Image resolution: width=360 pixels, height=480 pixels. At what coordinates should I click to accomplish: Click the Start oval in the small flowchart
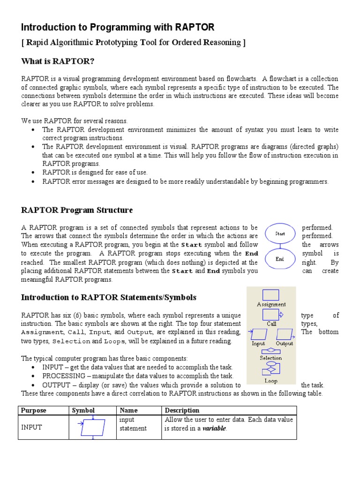[x=280, y=233]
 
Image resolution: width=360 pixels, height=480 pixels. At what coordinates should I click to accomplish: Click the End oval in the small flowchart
[x=280, y=259]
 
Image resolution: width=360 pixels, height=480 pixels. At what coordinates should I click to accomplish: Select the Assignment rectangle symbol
[x=270, y=295]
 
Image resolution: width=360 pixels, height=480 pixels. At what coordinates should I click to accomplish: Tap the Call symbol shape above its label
[x=270, y=315]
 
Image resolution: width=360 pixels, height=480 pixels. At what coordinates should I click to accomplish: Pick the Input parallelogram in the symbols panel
[x=259, y=334]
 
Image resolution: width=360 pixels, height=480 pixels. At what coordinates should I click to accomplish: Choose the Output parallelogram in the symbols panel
[x=284, y=334]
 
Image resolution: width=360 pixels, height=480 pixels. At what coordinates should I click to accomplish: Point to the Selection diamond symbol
[x=270, y=351]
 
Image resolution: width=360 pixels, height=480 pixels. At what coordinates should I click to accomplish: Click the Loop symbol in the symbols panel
[x=270, y=370]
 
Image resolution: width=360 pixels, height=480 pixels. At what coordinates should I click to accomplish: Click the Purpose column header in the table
[x=34, y=410]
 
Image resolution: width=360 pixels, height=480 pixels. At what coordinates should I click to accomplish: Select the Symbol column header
[x=83, y=410]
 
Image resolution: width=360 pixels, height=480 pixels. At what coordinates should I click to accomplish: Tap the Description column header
[x=182, y=410]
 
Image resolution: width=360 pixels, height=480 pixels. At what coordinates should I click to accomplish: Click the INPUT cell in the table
[x=32, y=427]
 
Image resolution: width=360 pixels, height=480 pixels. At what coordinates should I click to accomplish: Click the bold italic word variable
[x=214, y=428]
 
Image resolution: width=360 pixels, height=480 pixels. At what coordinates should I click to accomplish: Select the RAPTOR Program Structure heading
[x=77, y=210]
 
